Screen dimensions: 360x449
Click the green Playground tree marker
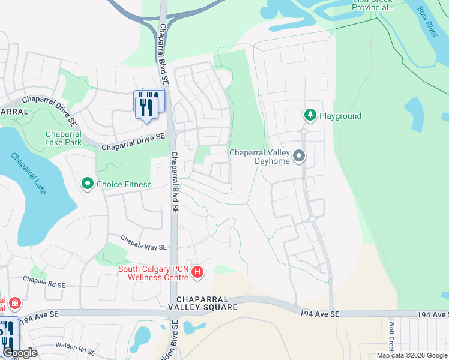point(310,115)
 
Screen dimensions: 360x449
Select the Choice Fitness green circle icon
point(88,184)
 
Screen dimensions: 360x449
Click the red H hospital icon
point(197,274)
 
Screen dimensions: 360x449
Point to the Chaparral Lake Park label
point(63,139)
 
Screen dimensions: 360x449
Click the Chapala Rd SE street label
point(43,280)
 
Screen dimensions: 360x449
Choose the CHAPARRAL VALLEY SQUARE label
point(202,303)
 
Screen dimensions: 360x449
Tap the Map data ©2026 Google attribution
point(412,355)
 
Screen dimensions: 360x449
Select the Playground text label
point(340,116)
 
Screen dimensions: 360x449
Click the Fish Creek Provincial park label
point(373,5)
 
